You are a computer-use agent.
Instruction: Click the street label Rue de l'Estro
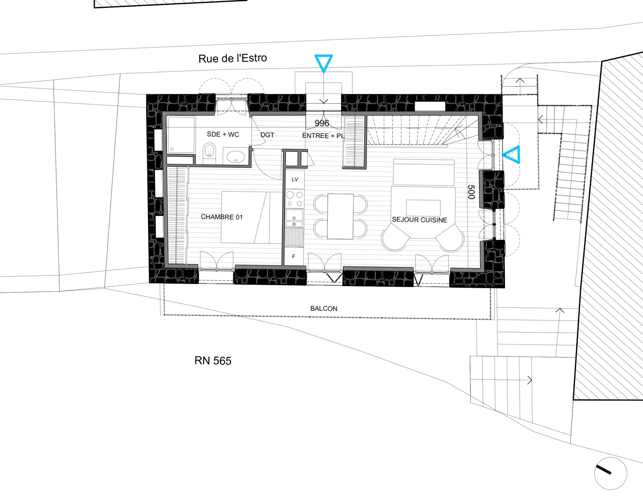click(232, 58)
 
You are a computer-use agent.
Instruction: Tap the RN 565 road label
click(213, 361)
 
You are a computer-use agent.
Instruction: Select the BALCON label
click(324, 309)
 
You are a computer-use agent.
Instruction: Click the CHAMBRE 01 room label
click(222, 217)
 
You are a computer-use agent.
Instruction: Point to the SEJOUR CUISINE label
click(420, 220)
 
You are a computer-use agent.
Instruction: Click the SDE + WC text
click(223, 134)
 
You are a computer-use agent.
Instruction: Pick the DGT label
click(267, 135)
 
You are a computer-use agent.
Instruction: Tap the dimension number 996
click(322, 123)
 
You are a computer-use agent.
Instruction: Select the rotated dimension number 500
click(471, 192)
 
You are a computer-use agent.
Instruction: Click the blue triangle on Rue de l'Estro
click(324, 63)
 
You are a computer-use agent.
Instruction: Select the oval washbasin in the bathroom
click(236, 157)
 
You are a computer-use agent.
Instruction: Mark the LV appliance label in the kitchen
click(295, 180)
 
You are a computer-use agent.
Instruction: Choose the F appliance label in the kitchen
click(293, 256)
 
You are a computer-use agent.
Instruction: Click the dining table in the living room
click(340, 216)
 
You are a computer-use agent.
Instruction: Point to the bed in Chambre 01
click(251, 217)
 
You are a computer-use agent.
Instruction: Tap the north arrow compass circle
click(611, 474)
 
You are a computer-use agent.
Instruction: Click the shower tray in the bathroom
click(181, 135)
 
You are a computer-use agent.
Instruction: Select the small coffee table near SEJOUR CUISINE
click(423, 208)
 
